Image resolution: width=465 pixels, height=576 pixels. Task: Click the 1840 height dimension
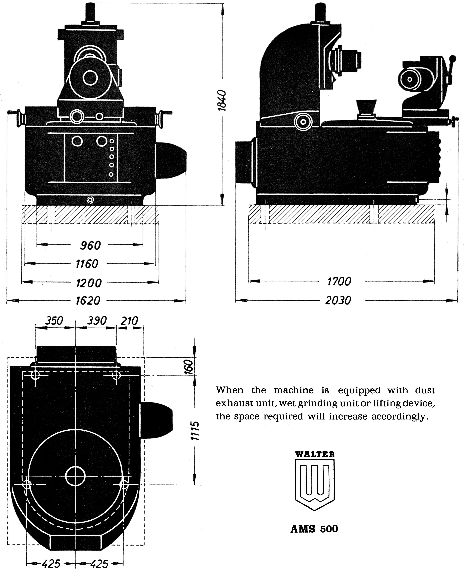point(222,100)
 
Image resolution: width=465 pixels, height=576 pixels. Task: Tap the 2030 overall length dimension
point(338,300)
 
